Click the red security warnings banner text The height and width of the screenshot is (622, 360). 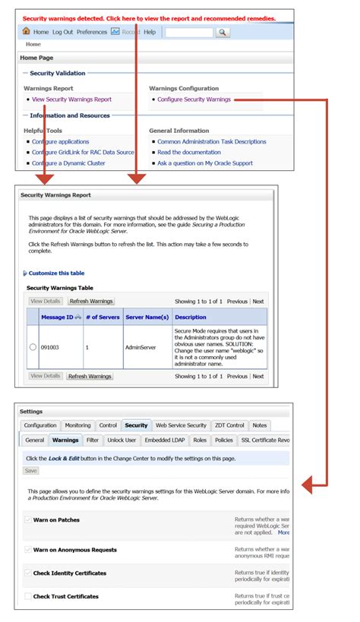tap(149, 18)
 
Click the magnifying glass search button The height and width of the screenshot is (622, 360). tap(223, 33)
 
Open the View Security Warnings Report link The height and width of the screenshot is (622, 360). tap(71, 99)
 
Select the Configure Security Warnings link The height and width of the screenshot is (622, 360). tap(194, 99)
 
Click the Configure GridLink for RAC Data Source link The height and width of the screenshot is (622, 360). tap(83, 153)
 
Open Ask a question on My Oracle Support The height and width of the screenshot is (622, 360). tap(204, 163)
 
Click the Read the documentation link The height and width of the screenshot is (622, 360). tap(189, 153)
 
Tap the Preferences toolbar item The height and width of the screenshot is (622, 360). tap(92, 33)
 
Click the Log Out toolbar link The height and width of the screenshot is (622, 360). tap(63, 33)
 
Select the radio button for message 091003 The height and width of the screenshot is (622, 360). tap(33, 347)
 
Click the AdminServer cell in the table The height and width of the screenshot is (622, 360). tap(140, 347)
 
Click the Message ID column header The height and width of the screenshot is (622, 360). tap(57, 317)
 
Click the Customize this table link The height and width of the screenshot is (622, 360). tap(56, 273)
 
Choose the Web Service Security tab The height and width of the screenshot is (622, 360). tap(180, 425)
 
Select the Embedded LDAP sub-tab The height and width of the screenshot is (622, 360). tap(165, 440)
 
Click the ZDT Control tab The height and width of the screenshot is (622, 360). tap(229, 425)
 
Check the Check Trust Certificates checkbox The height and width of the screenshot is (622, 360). tap(28, 597)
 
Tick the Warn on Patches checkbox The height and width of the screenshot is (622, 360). tap(28, 520)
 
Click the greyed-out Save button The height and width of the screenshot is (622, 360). tap(31, 471)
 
